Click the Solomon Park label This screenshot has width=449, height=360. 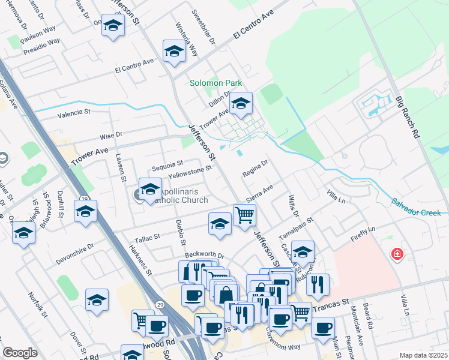pyautogui.click(x=215, y=83)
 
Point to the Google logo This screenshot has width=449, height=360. pyautogui.click(x=20, y=353)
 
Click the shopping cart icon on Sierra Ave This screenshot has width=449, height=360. pyautogui.click(x=244, y=215)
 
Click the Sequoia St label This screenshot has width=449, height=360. pyautogui.click(x=167, y=163)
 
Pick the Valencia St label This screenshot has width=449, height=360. pyautogui.click(x=73, y=112)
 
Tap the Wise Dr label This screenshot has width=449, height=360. pyautogui.click(x=110, y=136)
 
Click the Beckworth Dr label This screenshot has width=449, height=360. pyautogui.click(x=204, y=255)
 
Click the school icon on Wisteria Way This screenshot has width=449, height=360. pyautogui.click(x=173, y=52)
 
